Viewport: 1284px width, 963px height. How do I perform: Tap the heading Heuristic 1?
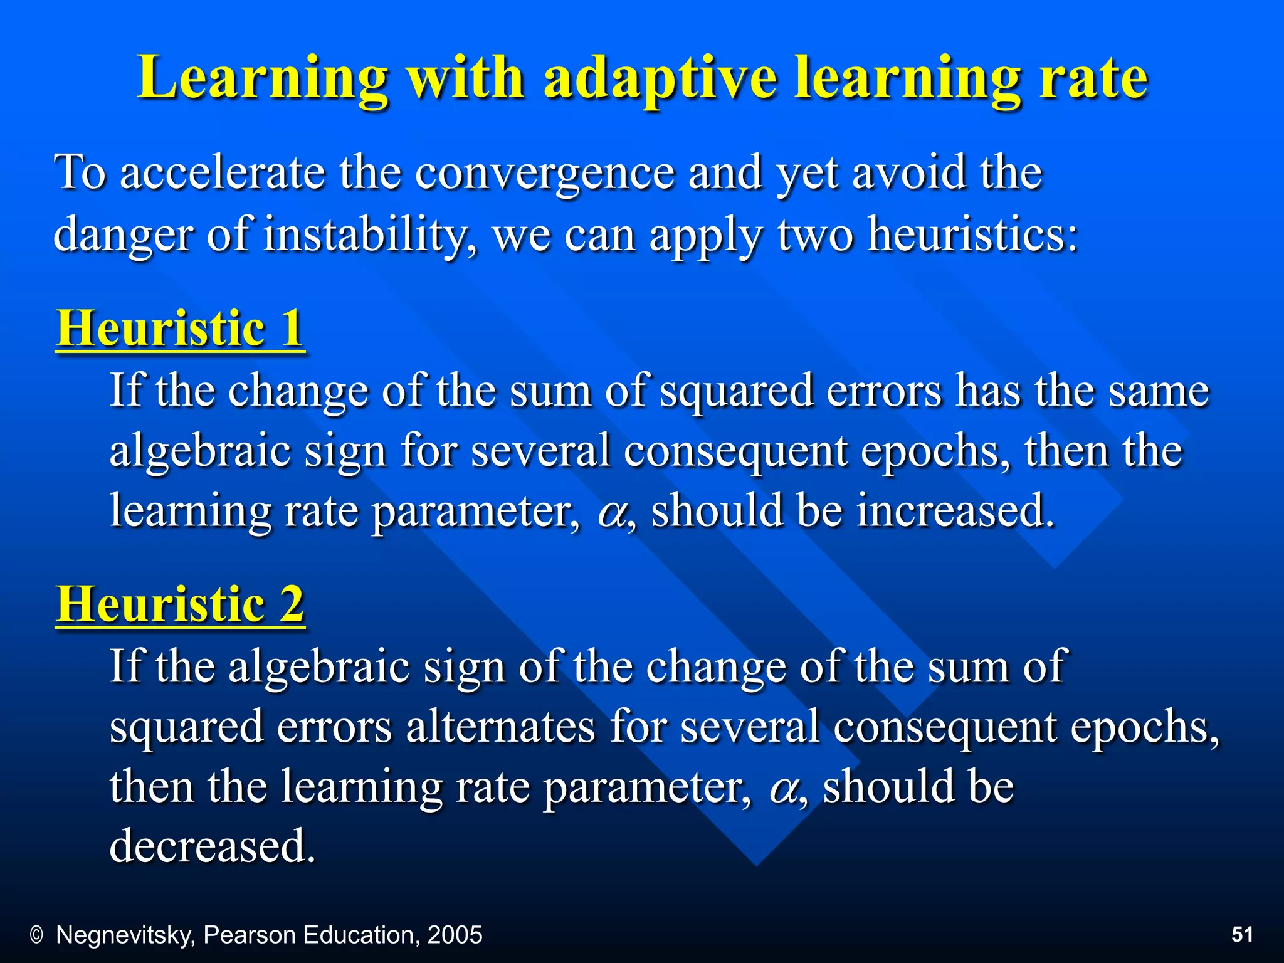180,329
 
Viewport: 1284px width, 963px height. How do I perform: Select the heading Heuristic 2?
180,604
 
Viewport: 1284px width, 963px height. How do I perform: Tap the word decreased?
212,846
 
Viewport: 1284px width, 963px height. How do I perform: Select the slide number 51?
1242,935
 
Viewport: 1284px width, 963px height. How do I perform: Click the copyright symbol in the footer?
36,935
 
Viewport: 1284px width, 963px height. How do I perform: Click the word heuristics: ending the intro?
972,235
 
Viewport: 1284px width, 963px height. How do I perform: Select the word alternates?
500,728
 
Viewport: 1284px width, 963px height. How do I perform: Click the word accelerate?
222,173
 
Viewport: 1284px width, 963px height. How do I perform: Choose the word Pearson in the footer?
250,935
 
